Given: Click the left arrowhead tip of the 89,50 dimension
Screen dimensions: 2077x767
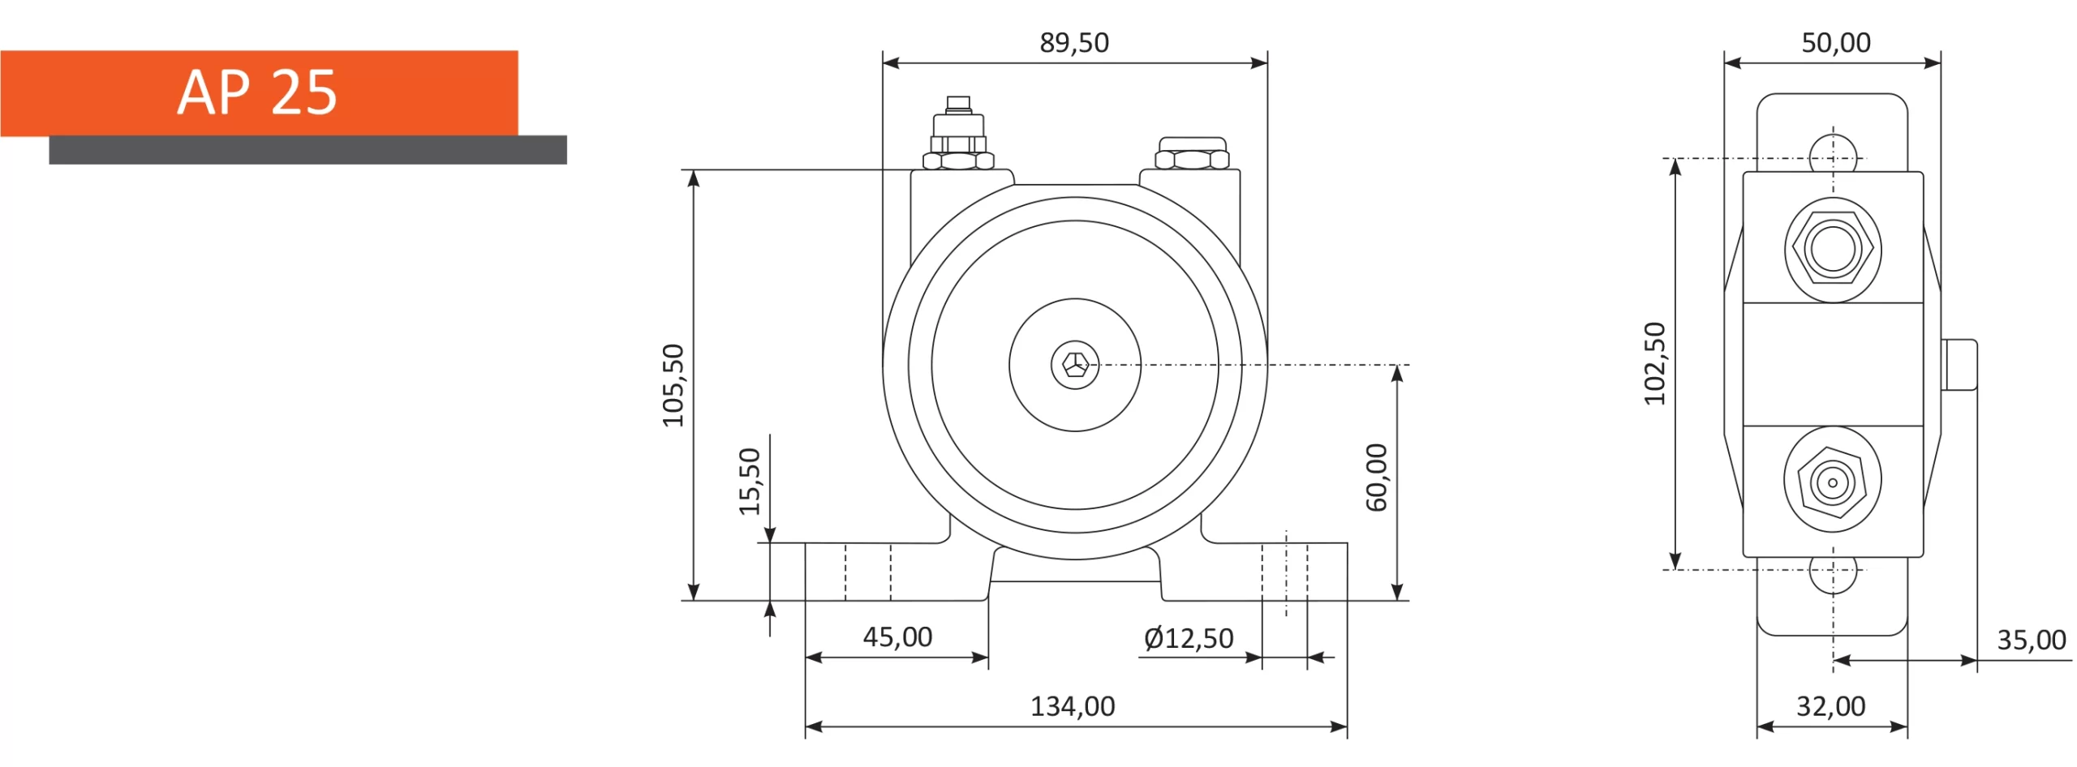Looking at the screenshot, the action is point(884,62).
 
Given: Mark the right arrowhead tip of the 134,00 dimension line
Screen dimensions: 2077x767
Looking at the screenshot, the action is point(1347,726).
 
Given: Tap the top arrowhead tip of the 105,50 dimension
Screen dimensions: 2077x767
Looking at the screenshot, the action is point(693,170).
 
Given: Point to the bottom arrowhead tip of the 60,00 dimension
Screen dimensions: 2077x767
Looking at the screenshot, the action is point(1396,600).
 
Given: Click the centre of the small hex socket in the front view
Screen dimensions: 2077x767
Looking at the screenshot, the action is point(1075,365).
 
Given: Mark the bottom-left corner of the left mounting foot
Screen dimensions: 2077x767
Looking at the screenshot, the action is point(805,600).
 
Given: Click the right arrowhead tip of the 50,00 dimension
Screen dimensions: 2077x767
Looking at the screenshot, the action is point(1940,62).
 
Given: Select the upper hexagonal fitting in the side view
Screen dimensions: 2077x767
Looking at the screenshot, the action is point(1833,250).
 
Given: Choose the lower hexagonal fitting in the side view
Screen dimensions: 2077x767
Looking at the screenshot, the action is point(1832,480).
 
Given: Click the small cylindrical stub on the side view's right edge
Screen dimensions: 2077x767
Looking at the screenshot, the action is point(1959,365).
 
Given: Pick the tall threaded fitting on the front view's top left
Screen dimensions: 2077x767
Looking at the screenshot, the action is point(958,134).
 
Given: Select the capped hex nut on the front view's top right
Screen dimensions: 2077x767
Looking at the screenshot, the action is point(1192,153).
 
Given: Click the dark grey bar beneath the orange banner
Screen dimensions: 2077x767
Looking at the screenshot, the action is point(307,150).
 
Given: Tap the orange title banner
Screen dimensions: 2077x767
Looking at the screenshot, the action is point(259,93).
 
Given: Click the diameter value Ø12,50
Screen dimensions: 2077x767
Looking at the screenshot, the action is point(1189,639).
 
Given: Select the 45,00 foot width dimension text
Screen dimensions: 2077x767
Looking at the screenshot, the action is point(897,637).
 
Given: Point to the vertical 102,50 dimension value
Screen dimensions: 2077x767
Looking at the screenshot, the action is point(1654,363).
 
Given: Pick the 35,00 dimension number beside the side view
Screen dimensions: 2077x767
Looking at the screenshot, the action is point(2031,641).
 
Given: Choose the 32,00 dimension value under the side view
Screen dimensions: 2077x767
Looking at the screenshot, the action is point(1831,706).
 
